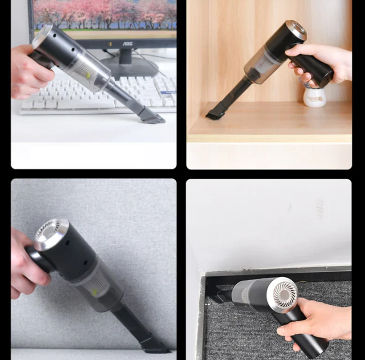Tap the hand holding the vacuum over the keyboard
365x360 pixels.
(x=29, y=73)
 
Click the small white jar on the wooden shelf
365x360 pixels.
(x=314, y=97)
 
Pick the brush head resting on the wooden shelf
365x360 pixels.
(x=215, y=114)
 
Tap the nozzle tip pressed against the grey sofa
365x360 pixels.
(x=154, y=345)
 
